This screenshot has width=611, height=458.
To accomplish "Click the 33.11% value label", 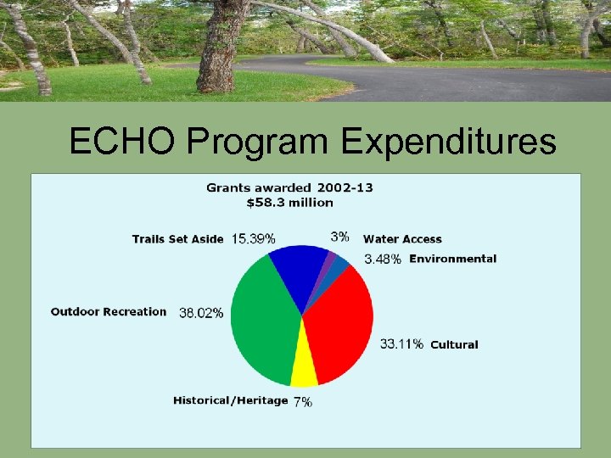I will (401, 343).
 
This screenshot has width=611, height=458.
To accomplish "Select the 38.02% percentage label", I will (201, 313).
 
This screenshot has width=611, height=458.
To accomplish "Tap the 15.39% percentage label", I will (253, 239).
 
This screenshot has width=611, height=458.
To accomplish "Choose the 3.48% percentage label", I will (383, 259).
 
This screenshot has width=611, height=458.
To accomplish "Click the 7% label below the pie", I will (303, 402).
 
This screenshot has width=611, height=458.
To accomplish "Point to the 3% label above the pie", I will (339, 236).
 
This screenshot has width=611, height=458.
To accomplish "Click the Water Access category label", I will (402, 239).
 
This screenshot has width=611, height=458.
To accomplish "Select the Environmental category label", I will (453, 259).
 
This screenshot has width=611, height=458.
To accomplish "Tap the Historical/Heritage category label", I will (230, 400).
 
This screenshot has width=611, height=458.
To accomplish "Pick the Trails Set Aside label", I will (177, 239).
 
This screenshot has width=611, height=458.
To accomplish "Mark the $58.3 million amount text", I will (290, 203).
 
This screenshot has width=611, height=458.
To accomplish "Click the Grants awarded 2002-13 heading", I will (290, 187).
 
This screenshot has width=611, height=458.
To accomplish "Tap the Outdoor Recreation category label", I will (109, 311).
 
